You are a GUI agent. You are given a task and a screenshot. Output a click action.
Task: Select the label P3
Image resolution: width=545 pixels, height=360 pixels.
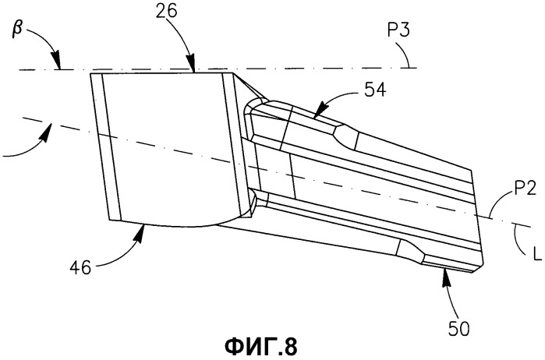[398, 30]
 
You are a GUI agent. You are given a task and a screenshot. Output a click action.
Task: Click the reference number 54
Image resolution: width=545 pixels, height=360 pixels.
[375, 90]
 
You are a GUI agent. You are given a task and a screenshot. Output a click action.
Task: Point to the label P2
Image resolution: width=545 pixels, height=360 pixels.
[526, 189]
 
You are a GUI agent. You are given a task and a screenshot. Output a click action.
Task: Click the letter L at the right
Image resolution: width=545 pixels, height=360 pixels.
[537, 254]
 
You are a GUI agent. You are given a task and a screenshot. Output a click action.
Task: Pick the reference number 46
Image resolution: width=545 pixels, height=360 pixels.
[80, 268]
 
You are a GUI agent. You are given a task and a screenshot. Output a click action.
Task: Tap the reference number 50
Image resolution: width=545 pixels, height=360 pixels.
[458, 329]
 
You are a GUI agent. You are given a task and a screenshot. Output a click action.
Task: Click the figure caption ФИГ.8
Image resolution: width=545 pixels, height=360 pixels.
[261, 347]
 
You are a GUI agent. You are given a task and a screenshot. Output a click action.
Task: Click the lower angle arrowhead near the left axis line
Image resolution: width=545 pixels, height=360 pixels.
[48, 130]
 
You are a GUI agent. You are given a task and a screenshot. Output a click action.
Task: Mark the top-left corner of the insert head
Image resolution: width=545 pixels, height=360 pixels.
[90, 73]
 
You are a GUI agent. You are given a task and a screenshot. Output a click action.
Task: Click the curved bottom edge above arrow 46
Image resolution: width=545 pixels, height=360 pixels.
[181, 225]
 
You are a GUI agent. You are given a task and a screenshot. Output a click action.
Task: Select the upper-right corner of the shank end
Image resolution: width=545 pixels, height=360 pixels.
[471, 171]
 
